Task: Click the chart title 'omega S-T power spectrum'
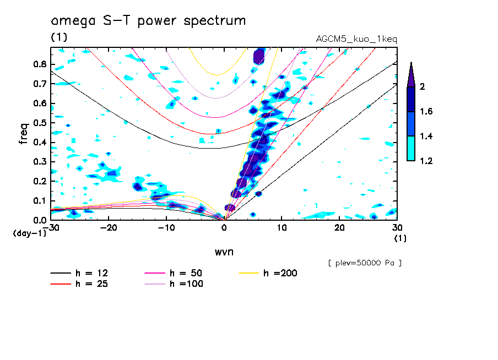148,21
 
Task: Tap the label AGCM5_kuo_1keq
356,39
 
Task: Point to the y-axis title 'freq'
24,133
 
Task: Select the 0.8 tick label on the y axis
39,64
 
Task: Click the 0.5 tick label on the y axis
39,123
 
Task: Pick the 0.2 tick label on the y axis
39,181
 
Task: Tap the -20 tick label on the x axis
109,228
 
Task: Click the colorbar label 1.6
426,112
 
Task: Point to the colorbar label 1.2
426,161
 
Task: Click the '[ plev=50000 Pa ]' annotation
365,263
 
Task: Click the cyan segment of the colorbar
411,149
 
